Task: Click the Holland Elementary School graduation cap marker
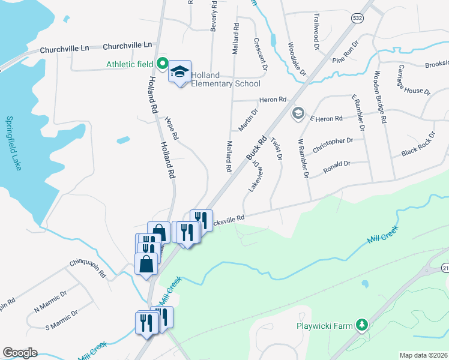click(179, 72)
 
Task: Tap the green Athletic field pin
click(161, 62)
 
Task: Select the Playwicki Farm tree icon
click(361, 325)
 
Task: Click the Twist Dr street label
click(277, 149)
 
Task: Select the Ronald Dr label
click(337, 164)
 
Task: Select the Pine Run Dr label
click(345, 52)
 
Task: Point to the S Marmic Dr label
click(62, 318)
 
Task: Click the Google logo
click(20, 352)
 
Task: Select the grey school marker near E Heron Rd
click(297, 113)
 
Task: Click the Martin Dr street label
click(248, 120)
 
